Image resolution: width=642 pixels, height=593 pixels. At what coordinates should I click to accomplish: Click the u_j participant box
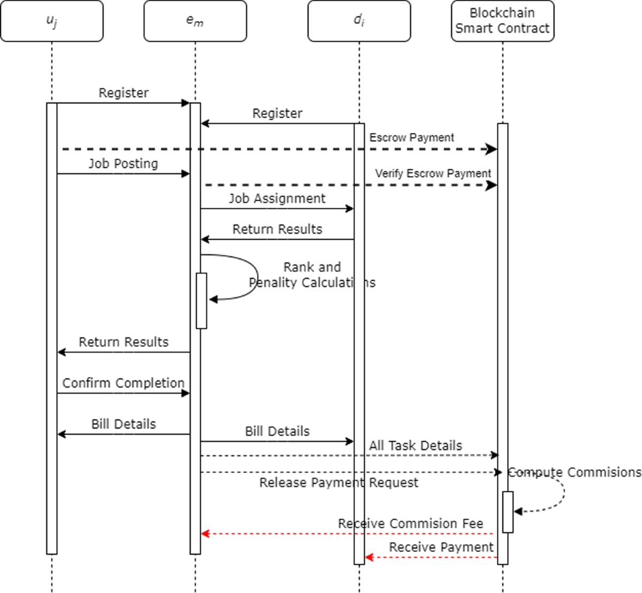pos(52,21)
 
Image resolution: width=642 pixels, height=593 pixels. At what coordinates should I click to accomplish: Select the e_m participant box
pos(195,21)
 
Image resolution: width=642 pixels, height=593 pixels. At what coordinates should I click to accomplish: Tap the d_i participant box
pos(359,21)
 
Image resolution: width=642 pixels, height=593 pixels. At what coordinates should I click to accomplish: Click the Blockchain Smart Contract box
pos(502,21)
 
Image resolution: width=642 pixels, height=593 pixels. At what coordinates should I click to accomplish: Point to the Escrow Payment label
pos(411,138)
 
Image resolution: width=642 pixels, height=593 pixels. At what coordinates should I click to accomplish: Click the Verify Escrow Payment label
pos(433,173)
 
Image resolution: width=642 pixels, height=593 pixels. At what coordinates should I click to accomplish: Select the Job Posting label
pos(123,164)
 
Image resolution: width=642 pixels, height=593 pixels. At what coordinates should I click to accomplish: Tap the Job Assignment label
pos(277,199)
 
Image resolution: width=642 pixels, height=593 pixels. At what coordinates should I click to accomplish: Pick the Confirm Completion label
pos(123,383)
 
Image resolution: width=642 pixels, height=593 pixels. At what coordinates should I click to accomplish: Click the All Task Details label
pos(415,446)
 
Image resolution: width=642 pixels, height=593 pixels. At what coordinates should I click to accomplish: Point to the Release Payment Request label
pos(339,483)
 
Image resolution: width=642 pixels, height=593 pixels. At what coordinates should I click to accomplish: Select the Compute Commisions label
pos(574,473)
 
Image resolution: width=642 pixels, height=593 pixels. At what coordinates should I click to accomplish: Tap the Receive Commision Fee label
pos(410,523)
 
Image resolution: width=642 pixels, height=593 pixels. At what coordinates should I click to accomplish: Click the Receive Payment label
pos(441,547)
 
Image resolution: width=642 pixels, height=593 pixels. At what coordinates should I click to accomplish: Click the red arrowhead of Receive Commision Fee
pos(205,534)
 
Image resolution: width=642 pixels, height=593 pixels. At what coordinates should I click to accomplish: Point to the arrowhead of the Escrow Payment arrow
pos(491,149)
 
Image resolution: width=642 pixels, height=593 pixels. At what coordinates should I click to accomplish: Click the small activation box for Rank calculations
pos(201,301)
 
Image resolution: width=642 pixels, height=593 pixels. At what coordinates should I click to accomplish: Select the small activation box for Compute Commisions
pos(508,512)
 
